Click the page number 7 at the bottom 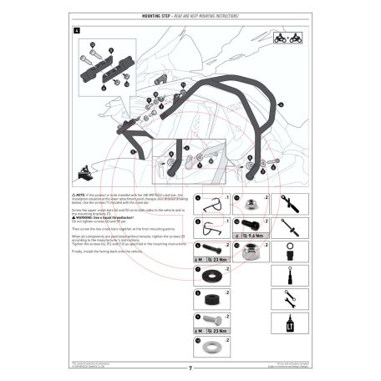[x=190, y=366]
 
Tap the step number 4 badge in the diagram [x=78, y=31]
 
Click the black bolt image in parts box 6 [x=209, y=249]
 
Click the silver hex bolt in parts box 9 [x=208, y=321]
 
